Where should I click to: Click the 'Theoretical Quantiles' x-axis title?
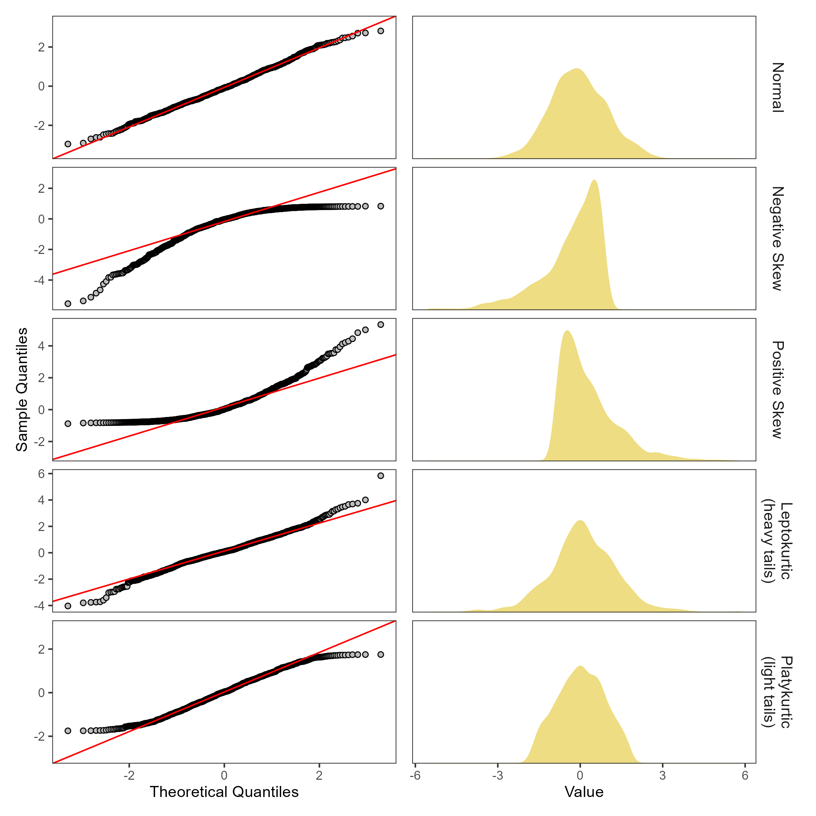[x=224, y=792]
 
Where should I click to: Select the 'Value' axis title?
[x=584, y=792]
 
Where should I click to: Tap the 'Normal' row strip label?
[x=778, y=87]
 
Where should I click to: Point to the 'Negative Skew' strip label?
[x=778, y=238]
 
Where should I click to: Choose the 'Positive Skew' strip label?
[x=778, y=389]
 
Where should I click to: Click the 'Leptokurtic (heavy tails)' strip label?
[x=778, y=541]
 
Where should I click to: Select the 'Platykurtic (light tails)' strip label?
[x=778, y=692]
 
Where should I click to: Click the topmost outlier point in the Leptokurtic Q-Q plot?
[x=381, y=476]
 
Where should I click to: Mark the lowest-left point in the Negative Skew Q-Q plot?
[x=68, y=303]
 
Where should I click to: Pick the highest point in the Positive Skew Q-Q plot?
[x=381, y=324]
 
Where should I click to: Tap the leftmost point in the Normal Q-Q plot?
[x=68, y=144]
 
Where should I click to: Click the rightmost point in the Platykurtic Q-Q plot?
[x=381, y=654]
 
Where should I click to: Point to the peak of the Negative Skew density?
[x=594, y=180]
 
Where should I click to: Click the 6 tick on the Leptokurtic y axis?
[x=41, y=474]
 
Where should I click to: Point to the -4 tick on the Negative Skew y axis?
[x=39, y=280]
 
